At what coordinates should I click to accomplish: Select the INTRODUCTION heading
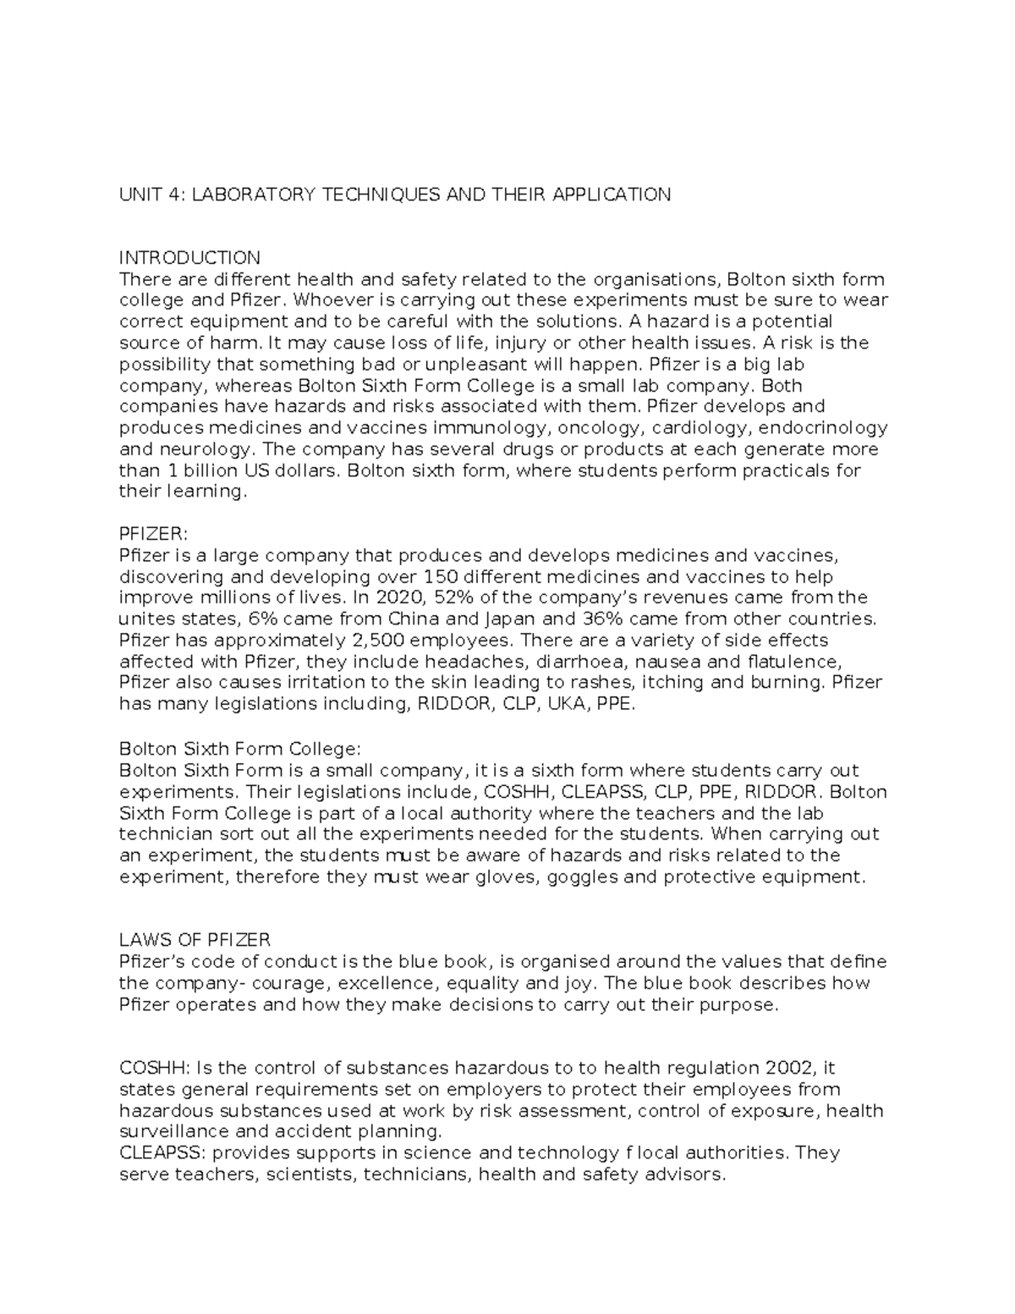[x=189, y=258]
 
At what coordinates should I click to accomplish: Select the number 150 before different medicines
[x=441, y=577]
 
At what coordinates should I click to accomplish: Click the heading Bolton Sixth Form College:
[x=240, y=750]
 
